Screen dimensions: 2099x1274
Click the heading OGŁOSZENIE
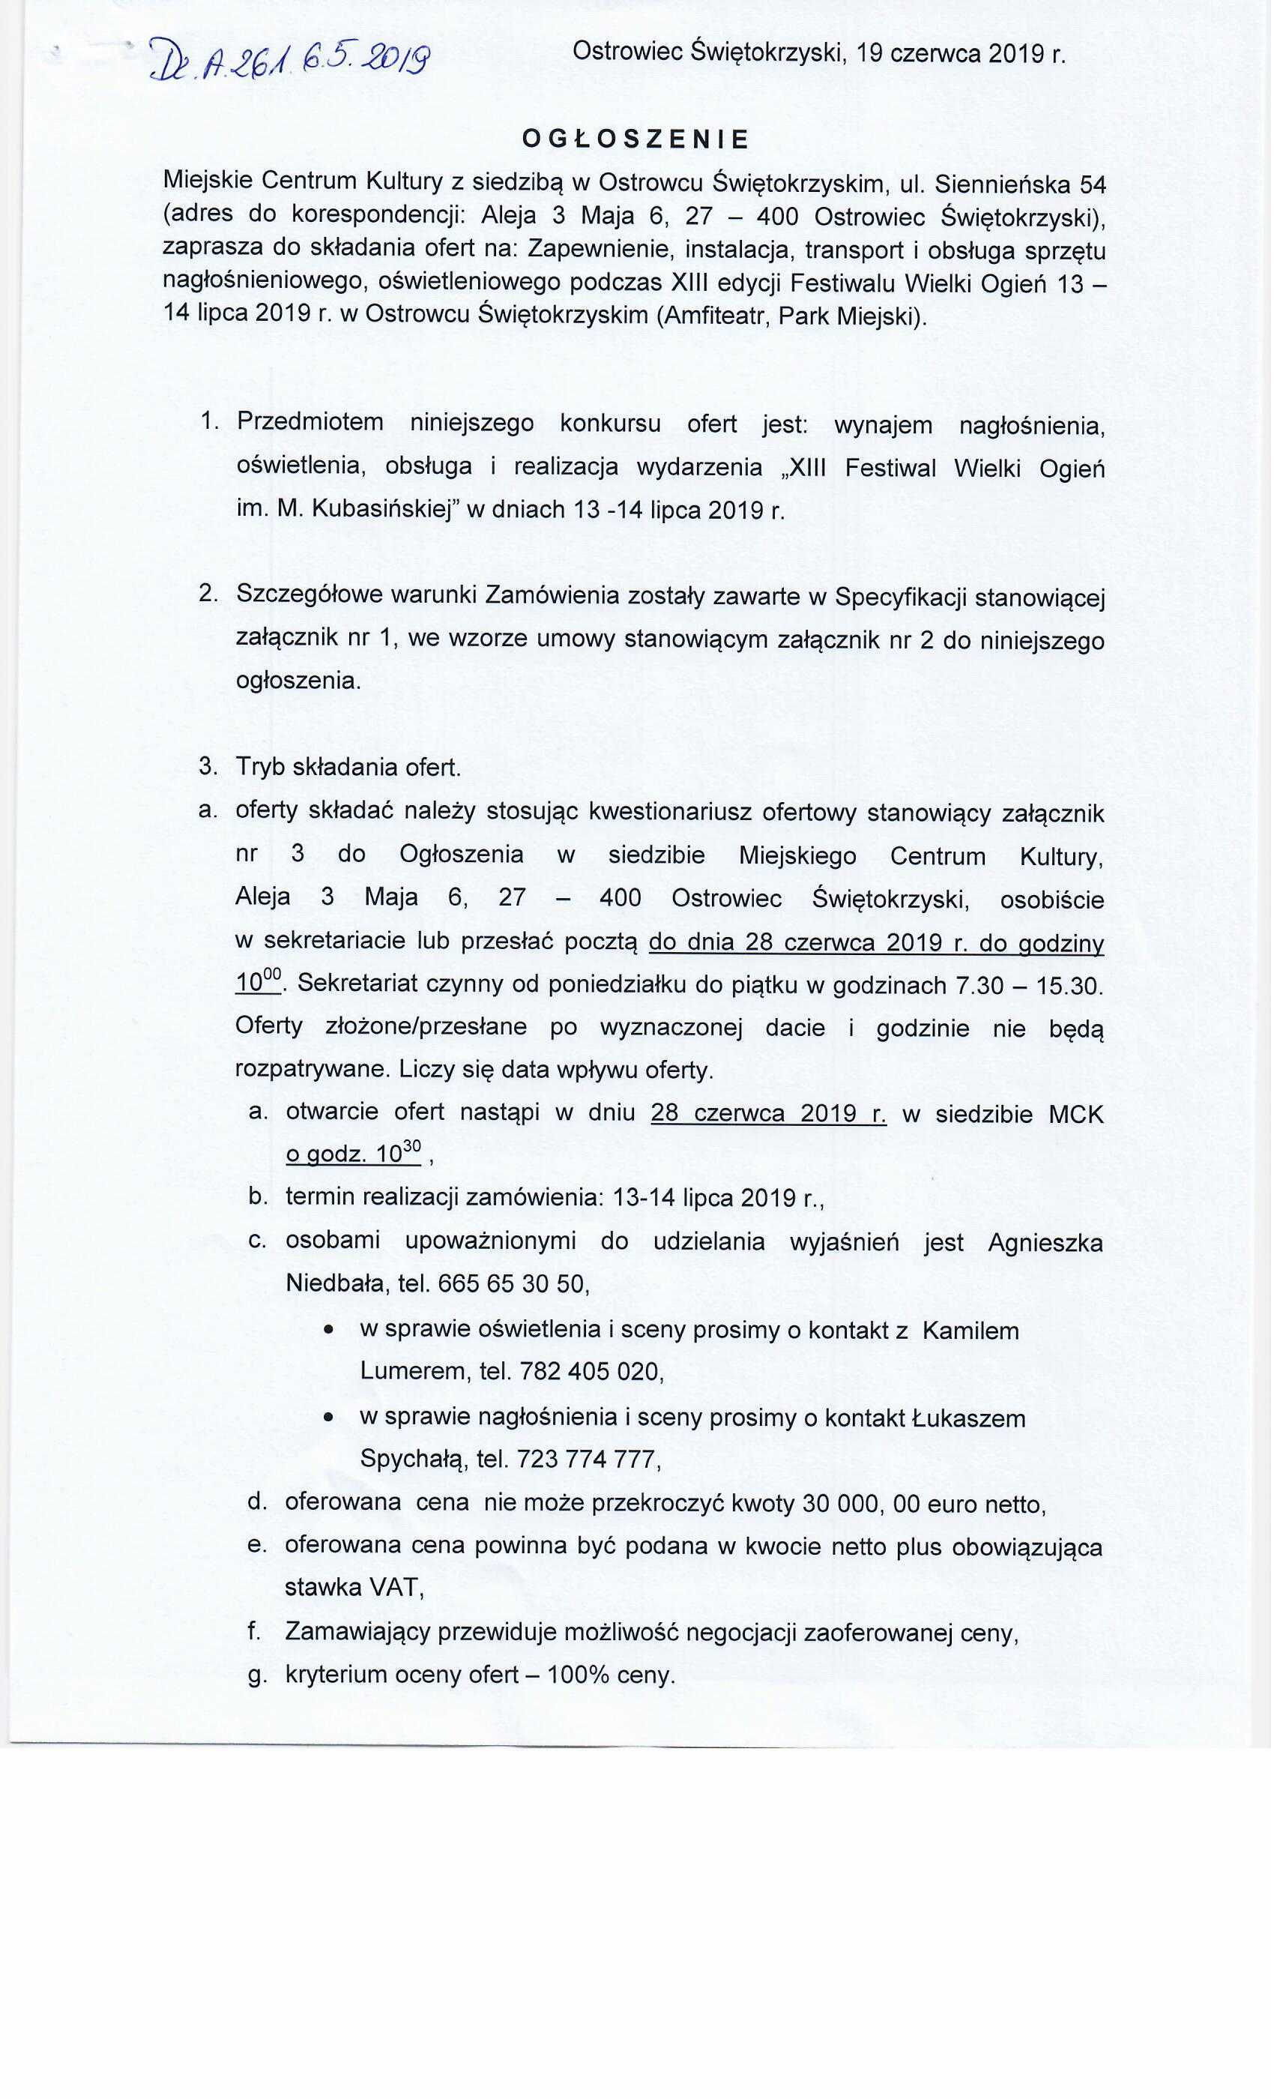[x=635, y=139]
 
